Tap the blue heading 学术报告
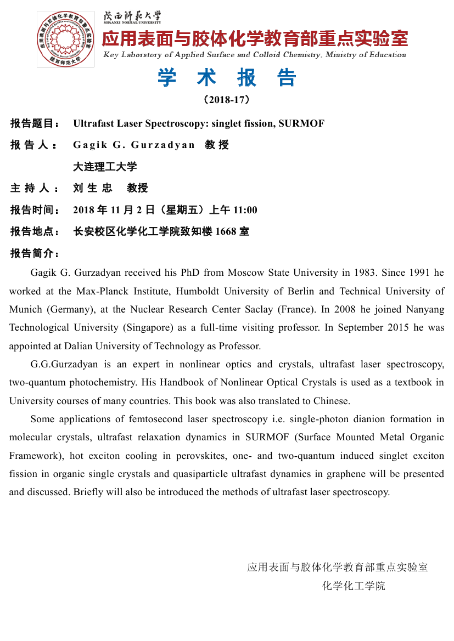pyautogui.click(x=227, y=78)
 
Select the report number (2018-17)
pyautogui.click(x=227, y=100)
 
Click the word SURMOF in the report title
pyautogui.click(x=301, y=123)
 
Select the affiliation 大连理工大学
pyautogui.click(x=105, y=166)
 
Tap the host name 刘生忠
pyautogui.click(x=92, y=188)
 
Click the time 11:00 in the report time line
pyautogui.click(x=245, y=210)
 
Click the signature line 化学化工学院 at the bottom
pyautogui.click(x=354, y=586)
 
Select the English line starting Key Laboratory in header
pyautogui.click(x=255, y=54)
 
